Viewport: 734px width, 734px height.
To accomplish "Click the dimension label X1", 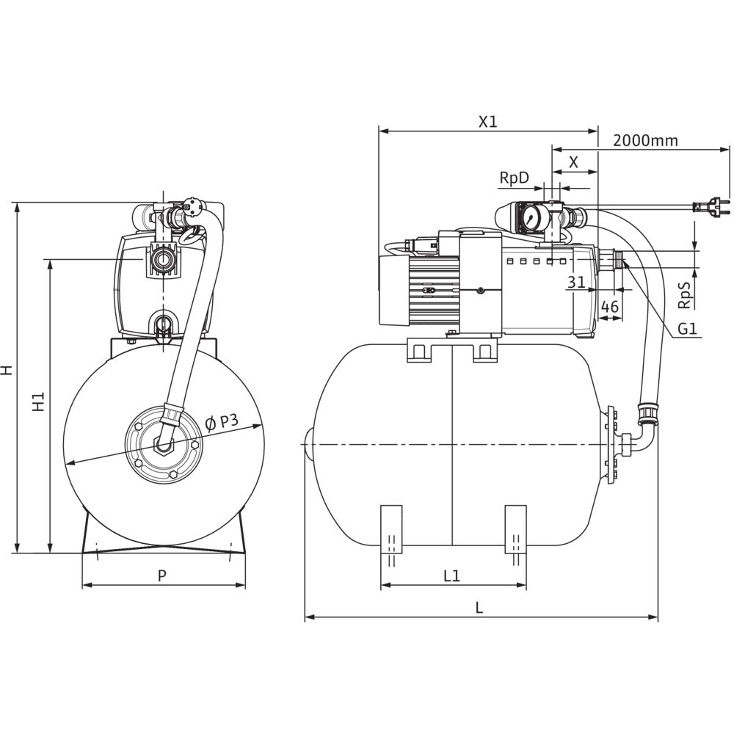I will point(488,122).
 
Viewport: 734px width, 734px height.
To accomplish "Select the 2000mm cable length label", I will point(646,140).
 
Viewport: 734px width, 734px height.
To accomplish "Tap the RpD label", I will point(514,177).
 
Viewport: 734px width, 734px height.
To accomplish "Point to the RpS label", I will point(683,293).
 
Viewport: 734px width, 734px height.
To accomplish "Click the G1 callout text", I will point(686,330).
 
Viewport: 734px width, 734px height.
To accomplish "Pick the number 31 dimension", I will point(576,282).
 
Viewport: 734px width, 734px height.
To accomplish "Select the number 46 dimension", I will point(610,306).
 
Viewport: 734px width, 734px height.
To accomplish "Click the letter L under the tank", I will point(479,607).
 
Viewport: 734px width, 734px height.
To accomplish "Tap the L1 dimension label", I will point(451,576).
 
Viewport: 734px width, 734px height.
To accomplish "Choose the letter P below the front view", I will point(162,575).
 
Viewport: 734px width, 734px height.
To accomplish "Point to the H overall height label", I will point(7,370).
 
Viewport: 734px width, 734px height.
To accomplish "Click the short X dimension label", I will point(574,162).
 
